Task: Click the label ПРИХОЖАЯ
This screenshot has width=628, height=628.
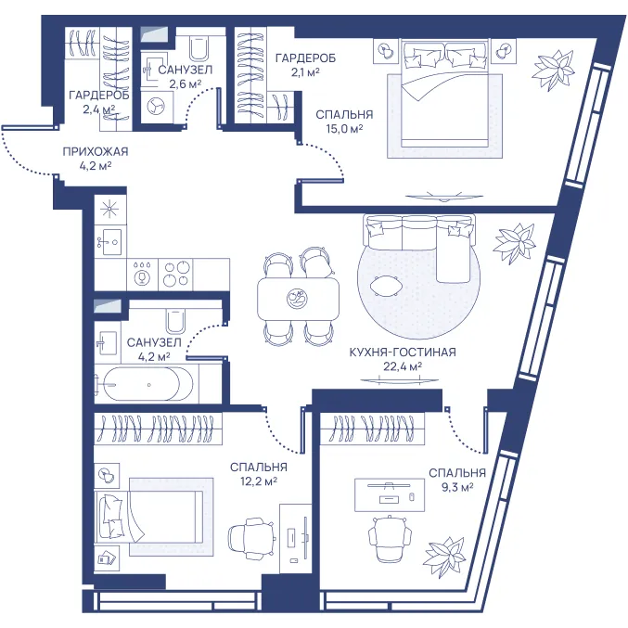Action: pyautogui.click(x=96, y=152)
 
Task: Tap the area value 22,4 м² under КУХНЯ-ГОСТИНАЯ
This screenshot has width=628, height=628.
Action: pyautogui.click(x=403, y=366)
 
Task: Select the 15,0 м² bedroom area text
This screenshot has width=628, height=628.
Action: pyautogui.click(x=344, y=129)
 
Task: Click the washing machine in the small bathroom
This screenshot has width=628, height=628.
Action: pyautogui.click(x=157, y=107)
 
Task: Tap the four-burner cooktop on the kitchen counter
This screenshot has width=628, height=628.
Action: pyautogui.click(x=175, y=275)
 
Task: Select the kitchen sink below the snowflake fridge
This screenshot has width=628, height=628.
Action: pyautogui.click(x=110, y=242)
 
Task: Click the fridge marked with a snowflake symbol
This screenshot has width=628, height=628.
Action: pyautogui.click(x=110, y=210)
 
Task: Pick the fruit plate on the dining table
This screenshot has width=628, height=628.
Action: pyautogui.click(x=298, y=299)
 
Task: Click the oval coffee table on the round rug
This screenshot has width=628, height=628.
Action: pyautogui.click(x=385, y=286)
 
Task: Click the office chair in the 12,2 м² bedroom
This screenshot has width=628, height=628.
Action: pyautogui.click(x=252, y=536)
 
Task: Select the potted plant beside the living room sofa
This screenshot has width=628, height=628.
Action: pyautogui.click(x=514, y=243)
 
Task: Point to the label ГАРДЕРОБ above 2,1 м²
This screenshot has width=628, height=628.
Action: pyautogui.click(x=305, y=58)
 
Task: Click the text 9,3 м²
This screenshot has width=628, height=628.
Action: pyautogui.click(x=457, y=487)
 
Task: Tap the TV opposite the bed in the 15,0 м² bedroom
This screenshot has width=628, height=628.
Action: pyautogui.click(x=443, y=197)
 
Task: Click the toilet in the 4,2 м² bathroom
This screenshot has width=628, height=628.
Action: pyautogui.click(x=175, y=320)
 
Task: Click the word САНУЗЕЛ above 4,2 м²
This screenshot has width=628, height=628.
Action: pyautogui.click(x=154, y=343)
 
